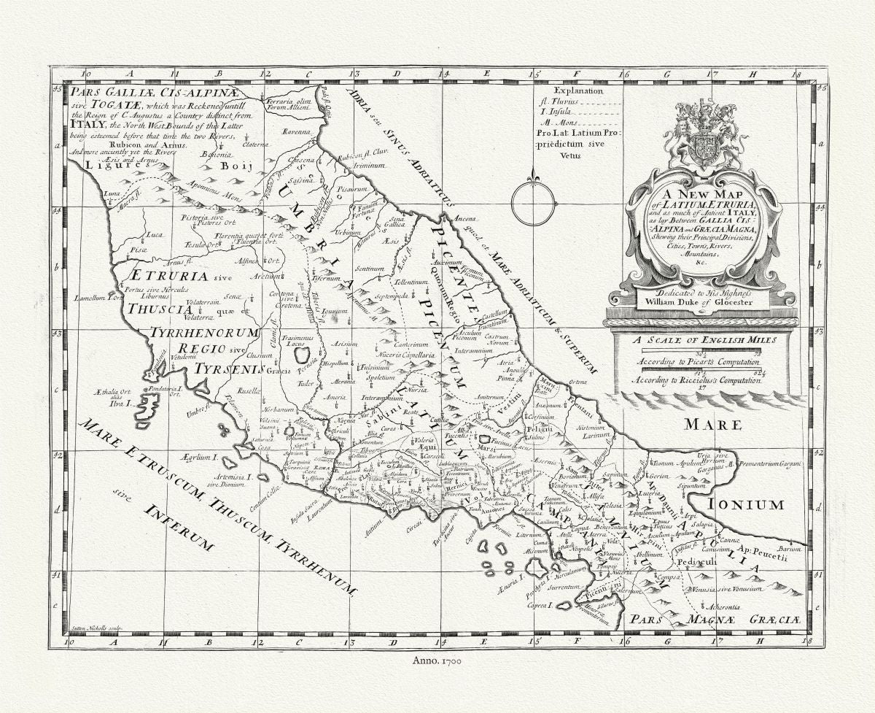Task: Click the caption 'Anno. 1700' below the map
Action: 437,660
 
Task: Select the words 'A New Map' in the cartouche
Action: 693,195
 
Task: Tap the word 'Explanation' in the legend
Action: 579,91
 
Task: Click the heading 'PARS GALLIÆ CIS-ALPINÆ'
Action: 171,93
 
